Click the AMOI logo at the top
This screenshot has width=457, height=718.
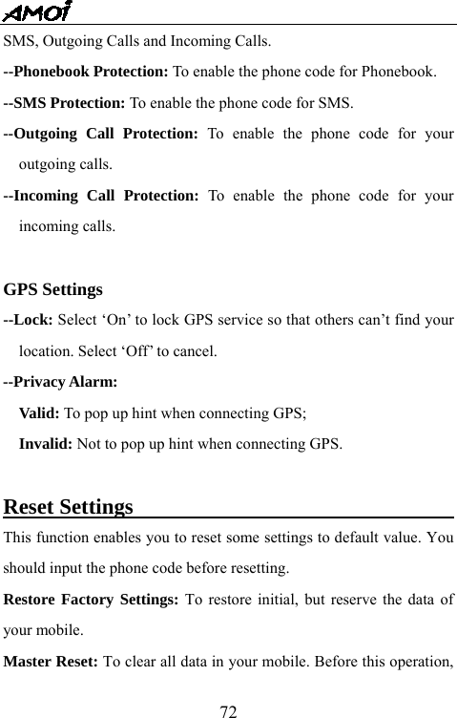point(38,11)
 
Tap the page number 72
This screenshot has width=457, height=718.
point(228,710)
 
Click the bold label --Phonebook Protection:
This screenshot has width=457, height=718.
point(87,72)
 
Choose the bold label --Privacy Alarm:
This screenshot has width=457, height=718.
point(61,382)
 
